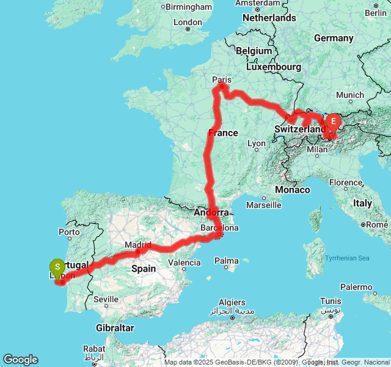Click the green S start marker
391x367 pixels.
pyautogui.click(x=57, y=267)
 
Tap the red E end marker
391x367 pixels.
pyautogui.click(x=334, y=122)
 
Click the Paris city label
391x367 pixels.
pyautogui.click(x=222, y=80)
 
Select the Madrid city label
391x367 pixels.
pyautogui.click(x=137, y=245)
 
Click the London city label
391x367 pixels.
pyautogui.click(x=187, y=22)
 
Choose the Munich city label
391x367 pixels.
pyautogui.click(x=349, y=95)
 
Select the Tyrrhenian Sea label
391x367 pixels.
pyautogui.click(x=348, y=258)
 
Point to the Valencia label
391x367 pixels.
pyautogui.click(x=185, y=263)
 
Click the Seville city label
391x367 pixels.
pyautogui.click(x=106, y=299)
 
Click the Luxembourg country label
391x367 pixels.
pyautogui.click(x=274, y=66)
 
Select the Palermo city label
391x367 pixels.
pyautogui.click(x=357, y=286)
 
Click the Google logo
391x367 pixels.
pyautogui.click(x=20, y=360)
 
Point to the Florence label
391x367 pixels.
pyautogui.click(x=346, y=182)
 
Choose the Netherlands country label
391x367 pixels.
pyautogui.click(x=269, y=18)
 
